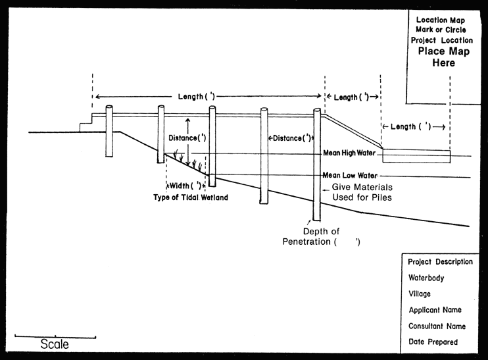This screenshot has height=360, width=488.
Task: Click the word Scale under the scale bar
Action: click(x=55, y=344)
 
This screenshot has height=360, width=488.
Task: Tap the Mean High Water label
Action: click(x=349, y=153)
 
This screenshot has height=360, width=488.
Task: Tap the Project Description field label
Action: click(x=440, y=262)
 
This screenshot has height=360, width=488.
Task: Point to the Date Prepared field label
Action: click(x=433, y=342)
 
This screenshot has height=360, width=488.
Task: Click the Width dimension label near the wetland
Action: click(x=185, y=186)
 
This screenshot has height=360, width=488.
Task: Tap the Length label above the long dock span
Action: click(x=197, y=97)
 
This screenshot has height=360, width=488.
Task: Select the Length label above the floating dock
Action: click(x=413, y=126)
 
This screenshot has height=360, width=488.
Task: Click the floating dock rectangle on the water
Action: click(x=416, y=155)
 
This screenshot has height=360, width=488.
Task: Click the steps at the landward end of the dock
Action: click(x=85, y=125)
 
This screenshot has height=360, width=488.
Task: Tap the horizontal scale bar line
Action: click(x=55, y=337)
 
